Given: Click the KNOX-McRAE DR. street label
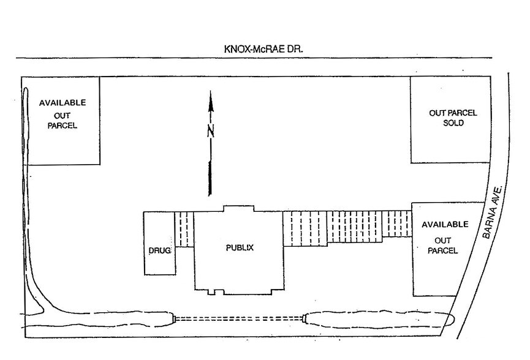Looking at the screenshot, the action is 263,49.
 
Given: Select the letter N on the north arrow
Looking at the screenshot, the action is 211,132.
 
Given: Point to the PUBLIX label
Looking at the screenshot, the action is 240,248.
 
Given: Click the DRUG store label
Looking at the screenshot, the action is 159,250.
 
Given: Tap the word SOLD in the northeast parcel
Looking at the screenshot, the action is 453,123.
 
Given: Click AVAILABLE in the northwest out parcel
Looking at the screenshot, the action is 62,103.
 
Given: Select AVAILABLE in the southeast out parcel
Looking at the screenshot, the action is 445,225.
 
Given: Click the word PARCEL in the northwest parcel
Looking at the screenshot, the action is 62,126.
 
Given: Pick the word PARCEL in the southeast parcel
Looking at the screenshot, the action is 443,250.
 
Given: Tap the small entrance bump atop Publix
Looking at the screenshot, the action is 238,208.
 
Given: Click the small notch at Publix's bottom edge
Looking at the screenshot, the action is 211,292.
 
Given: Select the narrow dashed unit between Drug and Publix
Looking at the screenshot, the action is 184,230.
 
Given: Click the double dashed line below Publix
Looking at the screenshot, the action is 239,318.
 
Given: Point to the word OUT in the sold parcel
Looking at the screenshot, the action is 436,113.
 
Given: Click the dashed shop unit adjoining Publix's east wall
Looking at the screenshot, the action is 305,229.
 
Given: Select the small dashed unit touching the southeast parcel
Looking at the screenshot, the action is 397,223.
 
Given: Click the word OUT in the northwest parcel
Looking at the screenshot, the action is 62,116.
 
